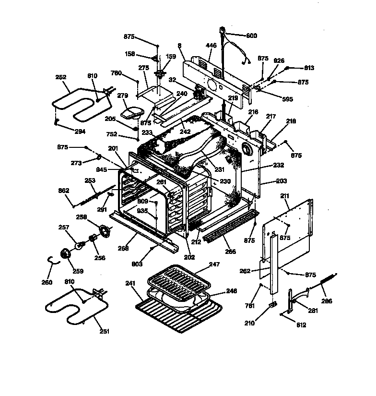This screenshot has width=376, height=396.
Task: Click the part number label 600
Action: (252, 36)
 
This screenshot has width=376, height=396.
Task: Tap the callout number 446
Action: (211, 46)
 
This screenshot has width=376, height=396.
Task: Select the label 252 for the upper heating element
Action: (61, 77)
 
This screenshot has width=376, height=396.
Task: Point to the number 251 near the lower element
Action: (104, 331)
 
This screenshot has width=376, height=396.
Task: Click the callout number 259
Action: (78, 271)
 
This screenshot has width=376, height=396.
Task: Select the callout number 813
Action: (309, 68)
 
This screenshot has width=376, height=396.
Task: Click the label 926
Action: (279, 61)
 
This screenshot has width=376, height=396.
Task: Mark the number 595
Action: (287, 100)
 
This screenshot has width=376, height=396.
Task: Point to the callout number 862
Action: (64, 191)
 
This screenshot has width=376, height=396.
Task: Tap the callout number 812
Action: (301, 325)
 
